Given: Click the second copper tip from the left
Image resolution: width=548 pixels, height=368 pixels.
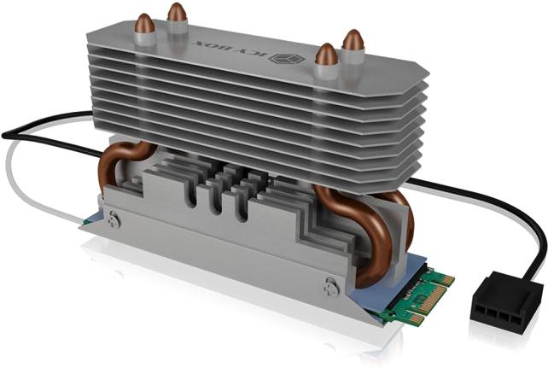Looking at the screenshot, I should [177, 13].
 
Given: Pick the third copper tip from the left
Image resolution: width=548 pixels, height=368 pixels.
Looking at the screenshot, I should [325, 55].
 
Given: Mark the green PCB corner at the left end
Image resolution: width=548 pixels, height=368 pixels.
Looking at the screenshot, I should [89, 219].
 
